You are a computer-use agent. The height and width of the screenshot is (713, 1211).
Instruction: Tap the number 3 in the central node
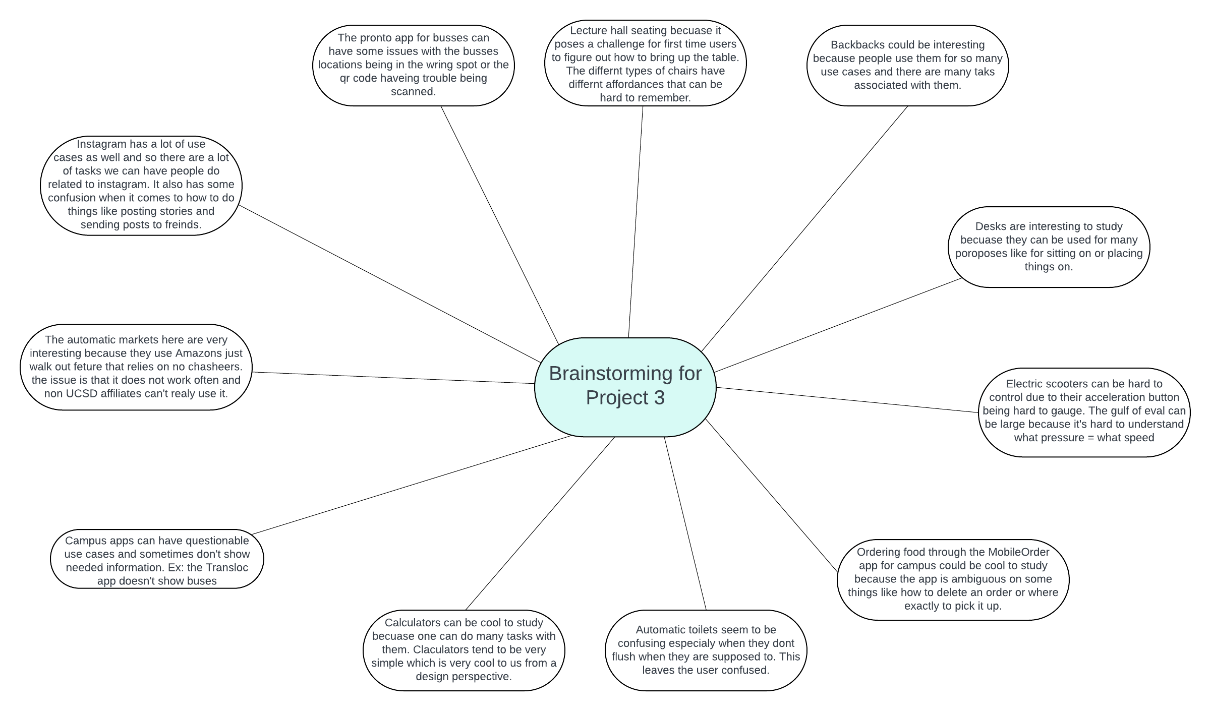[659, 398]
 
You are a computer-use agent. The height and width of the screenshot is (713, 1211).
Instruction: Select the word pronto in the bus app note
[378, 38]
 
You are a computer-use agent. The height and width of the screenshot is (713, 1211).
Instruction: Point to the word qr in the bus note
[345, 78]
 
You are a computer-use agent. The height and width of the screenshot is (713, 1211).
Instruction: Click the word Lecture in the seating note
[589, 31]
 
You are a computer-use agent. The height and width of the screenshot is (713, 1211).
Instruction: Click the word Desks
[991, 226]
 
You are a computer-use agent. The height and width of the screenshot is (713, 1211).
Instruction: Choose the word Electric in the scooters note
[1025, 384]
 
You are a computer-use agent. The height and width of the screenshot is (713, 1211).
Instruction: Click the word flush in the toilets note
[624, 657]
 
